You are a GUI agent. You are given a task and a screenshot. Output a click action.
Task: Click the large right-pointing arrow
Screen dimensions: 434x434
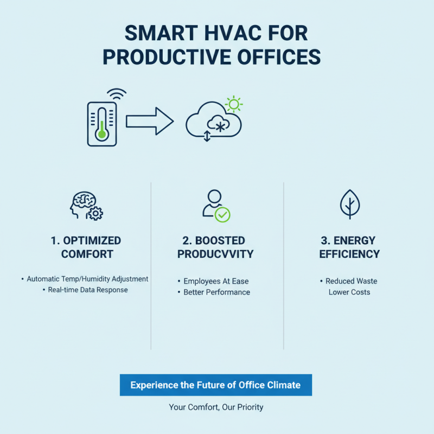(x=150, y=121)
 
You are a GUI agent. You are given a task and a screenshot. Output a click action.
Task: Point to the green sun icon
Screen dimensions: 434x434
(x=234, y=104)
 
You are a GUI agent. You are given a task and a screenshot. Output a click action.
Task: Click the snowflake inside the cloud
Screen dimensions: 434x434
(x=220, y=126)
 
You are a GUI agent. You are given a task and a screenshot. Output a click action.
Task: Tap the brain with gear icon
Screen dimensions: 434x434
(x=87, y=205)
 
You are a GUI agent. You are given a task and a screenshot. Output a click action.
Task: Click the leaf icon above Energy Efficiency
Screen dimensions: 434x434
(x=349, y=204)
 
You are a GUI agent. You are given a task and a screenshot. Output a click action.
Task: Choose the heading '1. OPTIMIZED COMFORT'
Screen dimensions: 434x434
(x=87, y=247)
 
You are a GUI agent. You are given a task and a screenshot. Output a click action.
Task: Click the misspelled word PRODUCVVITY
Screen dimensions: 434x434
(x=215, y=254)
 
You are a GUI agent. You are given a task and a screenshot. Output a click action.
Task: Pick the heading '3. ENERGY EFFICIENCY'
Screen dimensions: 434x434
(x=349, y=247)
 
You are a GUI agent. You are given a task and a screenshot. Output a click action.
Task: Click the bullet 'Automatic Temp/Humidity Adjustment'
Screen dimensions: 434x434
(x=87, y=279)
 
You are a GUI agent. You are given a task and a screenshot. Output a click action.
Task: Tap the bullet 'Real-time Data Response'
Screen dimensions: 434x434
(x=87, y=290)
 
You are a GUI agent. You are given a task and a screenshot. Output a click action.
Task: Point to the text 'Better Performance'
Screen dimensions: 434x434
(x=216, y=292)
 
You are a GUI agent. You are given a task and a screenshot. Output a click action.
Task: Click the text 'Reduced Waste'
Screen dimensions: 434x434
(x=351, y=281)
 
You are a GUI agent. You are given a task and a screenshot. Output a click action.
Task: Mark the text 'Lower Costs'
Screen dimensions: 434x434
(x=349, y=292)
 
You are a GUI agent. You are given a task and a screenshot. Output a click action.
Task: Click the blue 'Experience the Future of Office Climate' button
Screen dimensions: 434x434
(x=215, y=385)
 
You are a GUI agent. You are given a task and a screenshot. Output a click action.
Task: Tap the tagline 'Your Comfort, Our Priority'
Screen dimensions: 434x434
(x=216, y=407)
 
